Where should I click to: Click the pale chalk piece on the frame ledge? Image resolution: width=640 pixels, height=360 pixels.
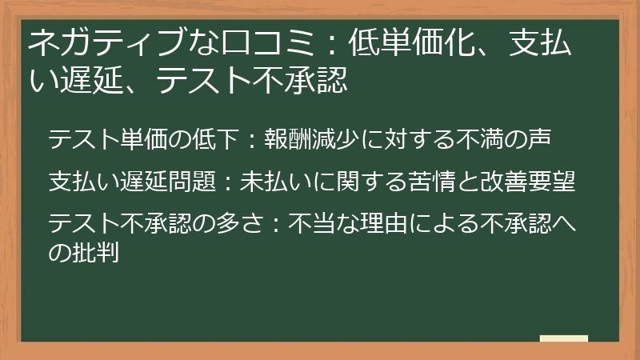563,339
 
